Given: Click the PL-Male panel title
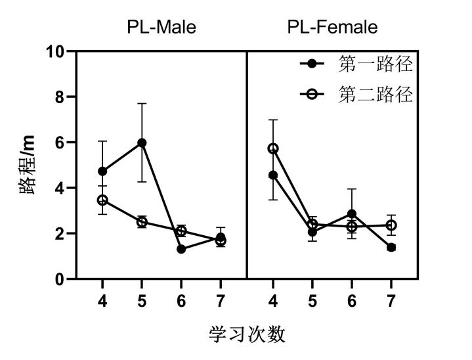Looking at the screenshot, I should point(161,27).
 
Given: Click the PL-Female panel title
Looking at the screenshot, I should point(332,27).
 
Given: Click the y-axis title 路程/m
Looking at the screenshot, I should point(28,165).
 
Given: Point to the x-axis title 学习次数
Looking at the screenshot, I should point(247,334).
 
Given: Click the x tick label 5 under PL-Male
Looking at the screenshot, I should point(142,300).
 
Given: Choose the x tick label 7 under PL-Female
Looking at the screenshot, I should point(391,300).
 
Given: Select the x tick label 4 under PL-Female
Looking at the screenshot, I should point(273,300).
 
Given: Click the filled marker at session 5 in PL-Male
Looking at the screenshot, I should point(142,143).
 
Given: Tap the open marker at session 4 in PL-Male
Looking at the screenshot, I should point(102,200).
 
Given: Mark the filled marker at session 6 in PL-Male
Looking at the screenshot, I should point(181,249).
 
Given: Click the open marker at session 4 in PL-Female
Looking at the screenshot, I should point(273,148).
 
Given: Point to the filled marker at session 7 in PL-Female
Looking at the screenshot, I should point(391,247).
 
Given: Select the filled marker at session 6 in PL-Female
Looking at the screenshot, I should point(352,214).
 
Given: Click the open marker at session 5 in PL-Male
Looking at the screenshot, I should point(142,222).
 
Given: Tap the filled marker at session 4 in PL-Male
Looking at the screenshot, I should point(102,171).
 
